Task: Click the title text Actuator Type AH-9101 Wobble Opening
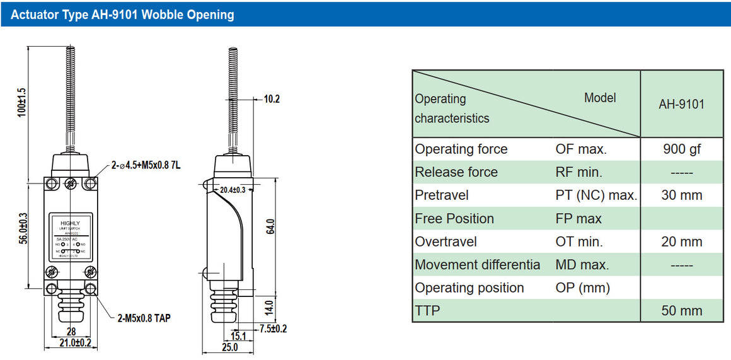coord(122,15)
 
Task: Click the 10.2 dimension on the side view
coord(272,99)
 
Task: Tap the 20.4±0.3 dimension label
coord(233,189)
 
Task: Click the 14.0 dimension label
coord(268,308)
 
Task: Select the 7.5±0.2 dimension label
coord(273,328)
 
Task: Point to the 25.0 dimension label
coord(229,347)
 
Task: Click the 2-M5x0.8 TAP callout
coord(143,318)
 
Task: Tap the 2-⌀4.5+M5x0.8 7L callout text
coord(146,166)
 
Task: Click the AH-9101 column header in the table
coord(681,104)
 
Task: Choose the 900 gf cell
coord(681,149)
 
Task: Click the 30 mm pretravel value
coord(681,195)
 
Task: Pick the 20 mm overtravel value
coord(681,241)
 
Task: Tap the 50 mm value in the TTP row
coord(681,311)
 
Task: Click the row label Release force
coord(456,172)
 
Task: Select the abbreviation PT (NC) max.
coord(596,195)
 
